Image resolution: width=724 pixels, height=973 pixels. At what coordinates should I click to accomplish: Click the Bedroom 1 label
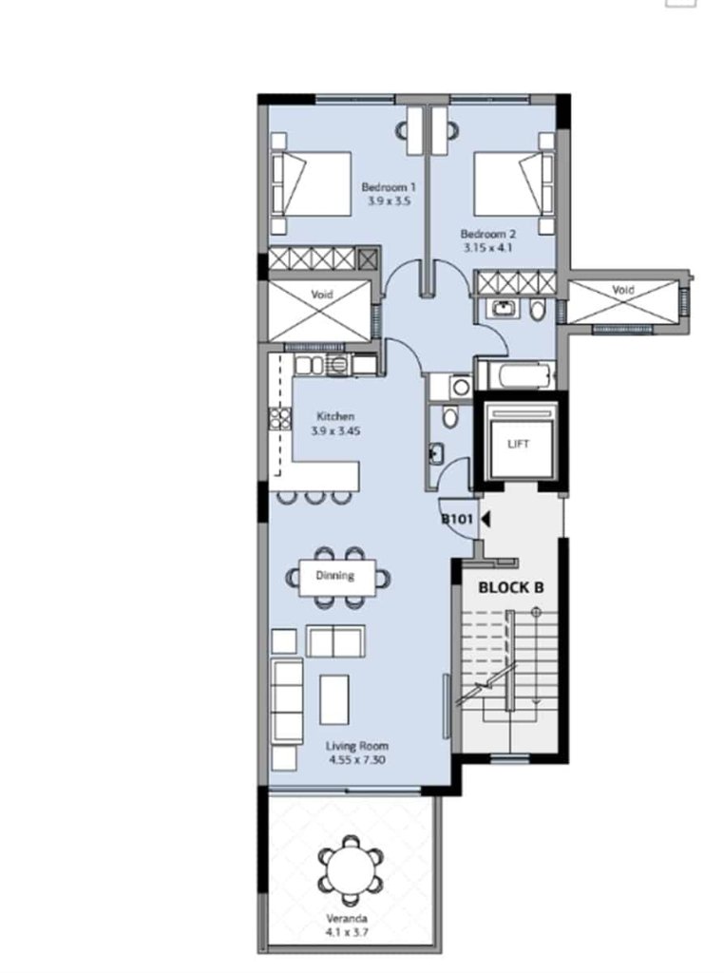pyautogui.click(x=389, y=187)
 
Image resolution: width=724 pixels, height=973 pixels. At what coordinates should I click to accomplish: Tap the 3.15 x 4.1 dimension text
pyautogui.click(x=487, y=248)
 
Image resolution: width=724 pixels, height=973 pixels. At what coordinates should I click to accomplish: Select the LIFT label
pyautogui.click(x=518, y=444)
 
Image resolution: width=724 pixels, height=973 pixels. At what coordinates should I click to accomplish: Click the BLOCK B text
pyautogui.click(x=511, y=587)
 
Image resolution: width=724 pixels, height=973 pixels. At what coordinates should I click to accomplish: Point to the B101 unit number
pyautogui.click(x=457, y=519)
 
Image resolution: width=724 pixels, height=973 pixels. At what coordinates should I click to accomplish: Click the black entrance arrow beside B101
pyautogui.click(x=486, y=519)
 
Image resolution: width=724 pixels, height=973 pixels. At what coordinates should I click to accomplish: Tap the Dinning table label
pyautogui.click(x=335, y=576)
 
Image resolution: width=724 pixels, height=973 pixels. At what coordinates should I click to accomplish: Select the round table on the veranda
pyautogui.click(x=352, y=871)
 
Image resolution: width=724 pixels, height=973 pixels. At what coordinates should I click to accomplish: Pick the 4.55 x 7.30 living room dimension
pyautogui.click(x=357, y=759)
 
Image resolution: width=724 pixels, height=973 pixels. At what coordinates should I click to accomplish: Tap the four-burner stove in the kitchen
pyautogui.click(x=279, y=418)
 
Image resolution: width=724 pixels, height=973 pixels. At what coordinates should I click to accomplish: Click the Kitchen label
pyautogui.click(x=335, y=416)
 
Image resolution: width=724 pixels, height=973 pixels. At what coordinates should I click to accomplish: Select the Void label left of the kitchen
pyautogui.click(x=321, y=295)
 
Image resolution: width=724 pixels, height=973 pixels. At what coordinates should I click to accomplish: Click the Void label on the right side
pyautogui.click(x=623, y=290)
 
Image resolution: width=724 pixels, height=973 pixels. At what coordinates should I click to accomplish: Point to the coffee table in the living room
pyautogui.click(x=334, y=699)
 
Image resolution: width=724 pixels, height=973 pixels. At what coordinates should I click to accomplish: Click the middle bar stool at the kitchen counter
pyautogui.click(x=315, y=496)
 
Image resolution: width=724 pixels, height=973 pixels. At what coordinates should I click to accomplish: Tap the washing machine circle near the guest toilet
pyautogui.click(x=461, y=388)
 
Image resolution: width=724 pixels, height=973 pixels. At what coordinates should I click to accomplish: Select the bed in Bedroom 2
pyautogui.click(x=514, y=183)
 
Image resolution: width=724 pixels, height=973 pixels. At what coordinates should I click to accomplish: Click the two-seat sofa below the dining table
pyautogui.click(x=335, y=641)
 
